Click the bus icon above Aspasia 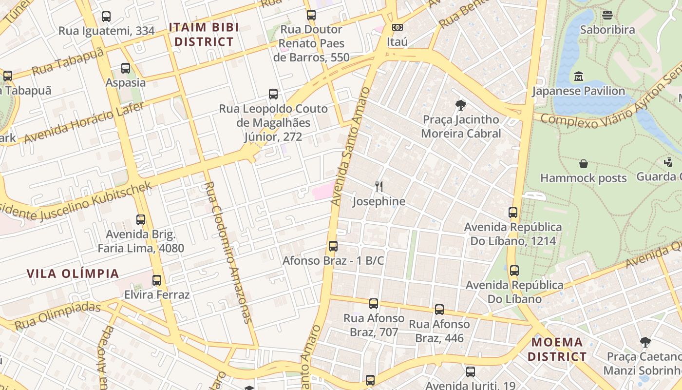tap(126, 68)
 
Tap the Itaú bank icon tap(398, 27)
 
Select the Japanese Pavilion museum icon tap(579, 77)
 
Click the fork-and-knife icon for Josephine tap(379, 186)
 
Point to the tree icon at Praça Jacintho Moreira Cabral tap(460, 105)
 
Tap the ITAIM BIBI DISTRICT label tap(204, 35)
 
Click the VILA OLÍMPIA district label tap(73, 273)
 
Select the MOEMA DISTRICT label tap(557, 349)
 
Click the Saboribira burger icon tap(607, 15)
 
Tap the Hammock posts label tap(584, 178)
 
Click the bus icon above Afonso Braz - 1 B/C tap(333, 246)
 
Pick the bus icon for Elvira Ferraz tap(157, 280)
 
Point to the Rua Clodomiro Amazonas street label tap(228, 253)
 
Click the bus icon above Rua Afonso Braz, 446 tap(439, 310)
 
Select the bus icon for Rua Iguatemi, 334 tap(106, 17)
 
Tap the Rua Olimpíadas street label tap(57, 316)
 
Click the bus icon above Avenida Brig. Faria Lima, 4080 tap(141, 220)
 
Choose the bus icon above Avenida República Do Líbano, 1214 tap(513, 213)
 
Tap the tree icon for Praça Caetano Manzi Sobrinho tap(645, 342)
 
